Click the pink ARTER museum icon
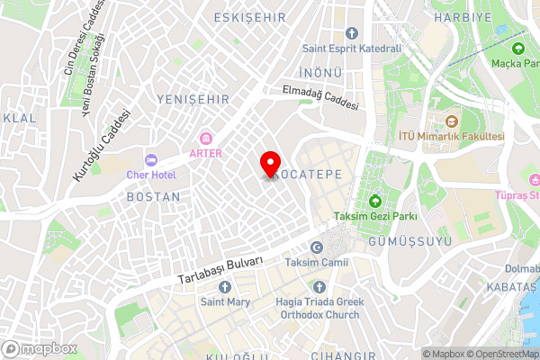[205, 138]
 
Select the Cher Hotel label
[151, 174]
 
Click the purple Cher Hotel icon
[151, 158]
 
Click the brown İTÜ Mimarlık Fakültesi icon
[452, 121]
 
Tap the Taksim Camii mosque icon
[315, 247]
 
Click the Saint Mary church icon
[225, 286]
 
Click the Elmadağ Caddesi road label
[321, 97]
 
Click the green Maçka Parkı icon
[517, 48]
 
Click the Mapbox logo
[38, 348]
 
